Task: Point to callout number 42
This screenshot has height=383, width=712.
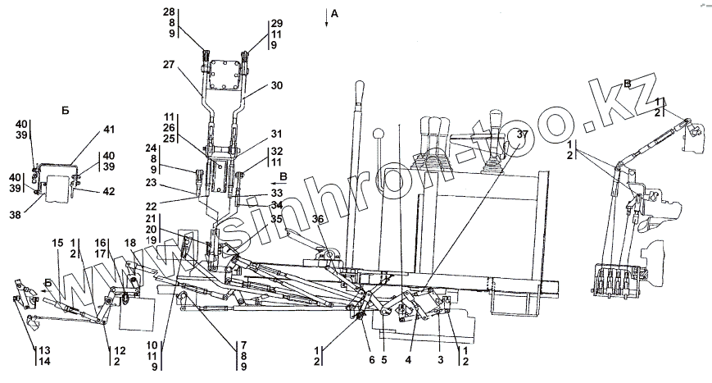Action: [x=108, y=191]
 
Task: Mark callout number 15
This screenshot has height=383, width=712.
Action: [x=57, y=244]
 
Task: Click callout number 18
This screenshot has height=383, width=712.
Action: [x=129, y=244]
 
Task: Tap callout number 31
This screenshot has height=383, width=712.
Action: [x=277, y=135]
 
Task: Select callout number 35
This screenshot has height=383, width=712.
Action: [x=277, y=219]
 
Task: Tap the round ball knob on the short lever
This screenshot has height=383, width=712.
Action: [x=377, y=134]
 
